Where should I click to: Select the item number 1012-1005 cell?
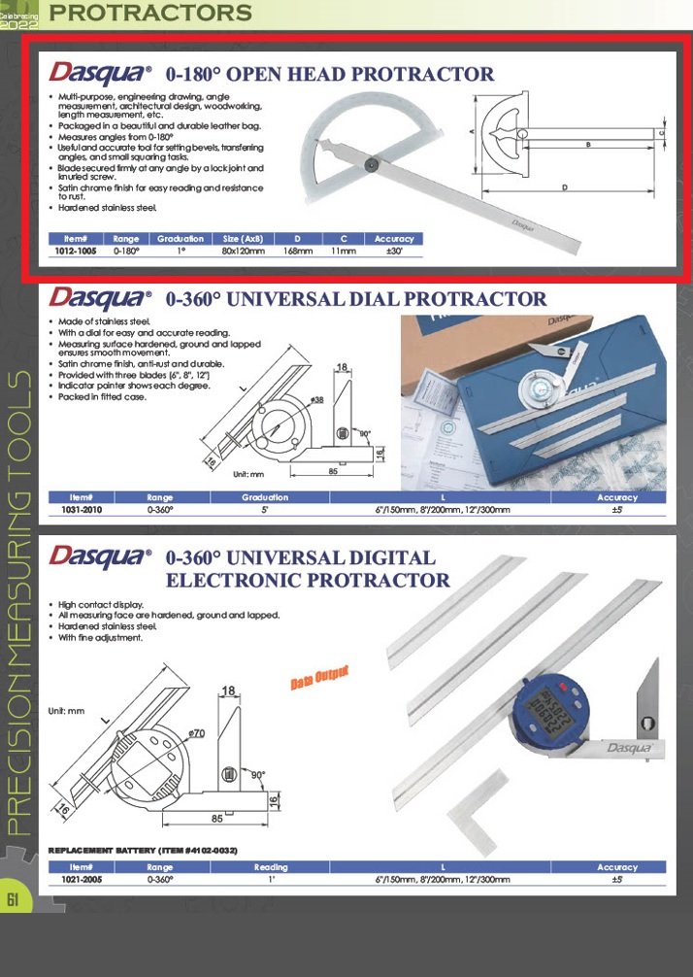[76, 251]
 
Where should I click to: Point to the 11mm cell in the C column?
[343, 251]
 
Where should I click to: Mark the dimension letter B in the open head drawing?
[588, 144]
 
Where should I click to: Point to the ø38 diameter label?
[317, 399]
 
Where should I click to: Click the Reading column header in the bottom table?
[271, 867]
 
